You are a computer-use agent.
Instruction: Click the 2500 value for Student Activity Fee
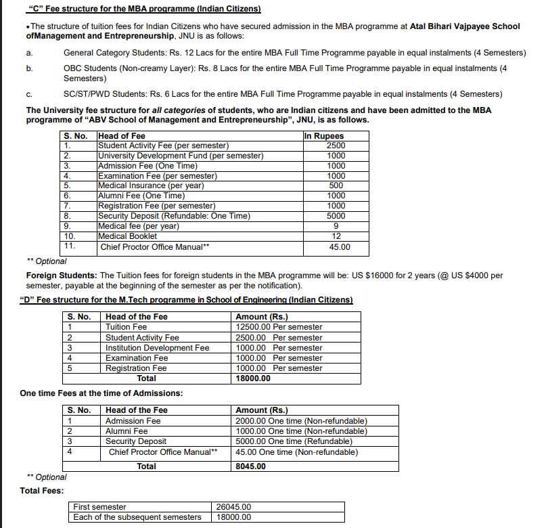pyautogui.click(x=336, y=146)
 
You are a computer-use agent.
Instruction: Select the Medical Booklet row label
pyautogui.click(x=127, y=236)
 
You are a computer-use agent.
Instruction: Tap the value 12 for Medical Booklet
pyautogui.click(x=336, y=236)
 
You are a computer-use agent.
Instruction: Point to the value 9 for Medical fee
pyautogui.click(x=336, y=226)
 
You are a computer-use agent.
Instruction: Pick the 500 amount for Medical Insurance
pyautogui.click(x=336, y=185)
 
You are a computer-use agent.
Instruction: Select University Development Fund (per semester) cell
pyautogui.click(x=181, y=156)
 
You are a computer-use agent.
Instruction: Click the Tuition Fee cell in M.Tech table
pyautogui.click(x=126, y=327)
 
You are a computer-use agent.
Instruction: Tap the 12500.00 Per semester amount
pyautogui.click(x=279, y=327)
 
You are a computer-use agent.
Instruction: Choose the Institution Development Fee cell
pyautogui.click(x=157, y=348)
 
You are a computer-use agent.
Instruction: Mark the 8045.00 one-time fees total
pyautogui.click(x=250, y=466)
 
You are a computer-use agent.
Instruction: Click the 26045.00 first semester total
pyautogui.click(x=233, y=507)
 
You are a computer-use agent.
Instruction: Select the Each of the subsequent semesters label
pyautogui.click(x=137, y=517)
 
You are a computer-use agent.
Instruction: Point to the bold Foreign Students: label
pyautogui.click(x=62, y=276)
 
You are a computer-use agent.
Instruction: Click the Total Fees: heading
pyautogui.click(x=42, y=491)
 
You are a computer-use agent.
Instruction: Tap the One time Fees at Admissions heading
pyautogui.click(x=101, y=393)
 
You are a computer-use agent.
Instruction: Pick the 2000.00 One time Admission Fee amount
pyautogui.click(x=301, y=421)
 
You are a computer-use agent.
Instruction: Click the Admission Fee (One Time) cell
pyautogui.click(x=148, y=166)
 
